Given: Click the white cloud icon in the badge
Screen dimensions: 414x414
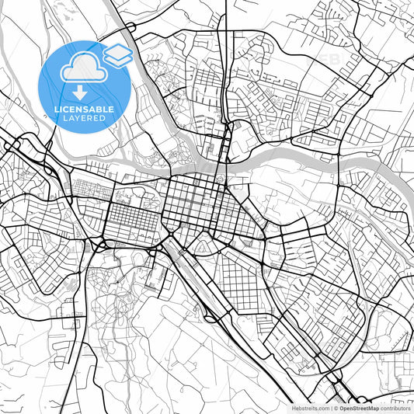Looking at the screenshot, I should pyautogui.click(x=81, y=65).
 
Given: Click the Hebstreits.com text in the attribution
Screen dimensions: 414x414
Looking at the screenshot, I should pyautogui.click(x=310, y=407).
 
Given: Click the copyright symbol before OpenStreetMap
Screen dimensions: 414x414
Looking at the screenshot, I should pyautogui.click(x=336, y=407).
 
